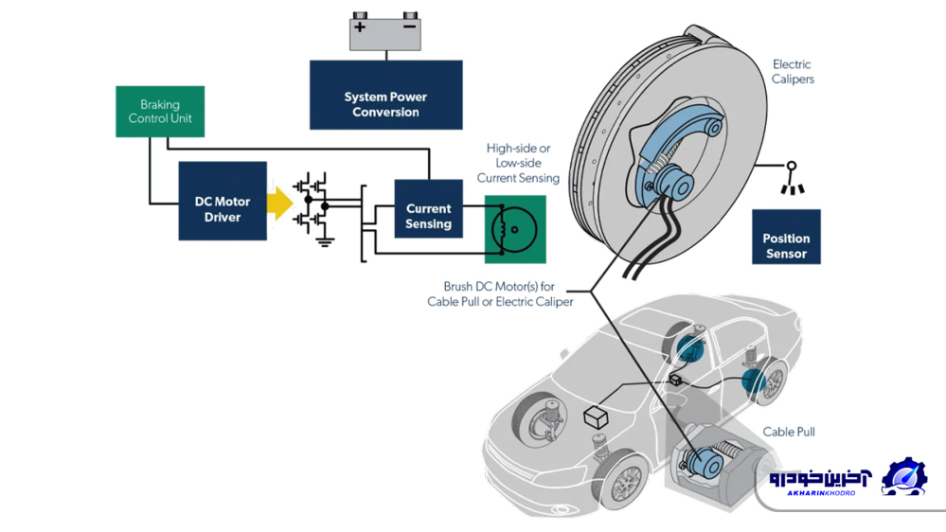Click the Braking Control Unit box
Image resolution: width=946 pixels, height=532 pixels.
[x=160, y=112]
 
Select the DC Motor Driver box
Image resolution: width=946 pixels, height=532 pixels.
[x=223, y=202]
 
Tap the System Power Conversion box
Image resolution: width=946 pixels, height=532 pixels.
[x=385, y=96]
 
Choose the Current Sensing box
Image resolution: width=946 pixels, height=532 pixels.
[x=428, y=208]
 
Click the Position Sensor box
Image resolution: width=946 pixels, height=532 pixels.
[x=786, y=238]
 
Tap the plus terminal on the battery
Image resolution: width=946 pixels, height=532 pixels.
[x=361, y=27]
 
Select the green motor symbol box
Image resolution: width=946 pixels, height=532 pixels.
[x=515, y=229]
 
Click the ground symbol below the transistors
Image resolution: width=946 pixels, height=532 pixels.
[x=325, y=241]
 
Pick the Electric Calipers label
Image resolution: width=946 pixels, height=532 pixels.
[x=793, y=72]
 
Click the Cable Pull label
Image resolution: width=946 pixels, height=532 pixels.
[x=789, y=432]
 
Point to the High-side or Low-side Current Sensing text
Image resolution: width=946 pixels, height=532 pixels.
[x=518, y=163]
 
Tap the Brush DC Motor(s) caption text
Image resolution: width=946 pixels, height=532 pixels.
[x=499, y=293]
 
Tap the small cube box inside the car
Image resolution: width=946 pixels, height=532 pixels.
[x=597, y=417]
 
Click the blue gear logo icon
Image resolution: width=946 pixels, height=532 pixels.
[x=903, y=477]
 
